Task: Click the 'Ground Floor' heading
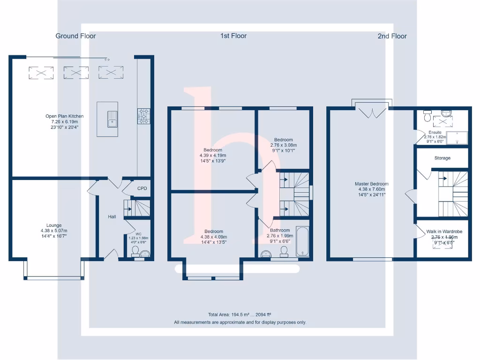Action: [75, 36]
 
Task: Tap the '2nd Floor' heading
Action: [392, 36]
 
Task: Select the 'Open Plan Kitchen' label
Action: [65, 116]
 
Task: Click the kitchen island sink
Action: [112, 119]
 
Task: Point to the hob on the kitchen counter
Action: [143, 116]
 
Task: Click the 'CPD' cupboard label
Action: [142, 188]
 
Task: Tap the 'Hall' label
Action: [112, 217]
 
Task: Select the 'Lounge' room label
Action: [54, 225]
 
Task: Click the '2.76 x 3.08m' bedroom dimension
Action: [284, 145]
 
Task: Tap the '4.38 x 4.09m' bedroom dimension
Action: [213, 237]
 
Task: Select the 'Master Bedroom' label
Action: [372, 184]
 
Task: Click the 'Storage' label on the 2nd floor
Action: [442, 158]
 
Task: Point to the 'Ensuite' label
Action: [435, 133]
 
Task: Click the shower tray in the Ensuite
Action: [457, 138]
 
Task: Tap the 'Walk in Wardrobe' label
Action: [444, 232]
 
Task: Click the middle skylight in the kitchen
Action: [76, 73]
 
